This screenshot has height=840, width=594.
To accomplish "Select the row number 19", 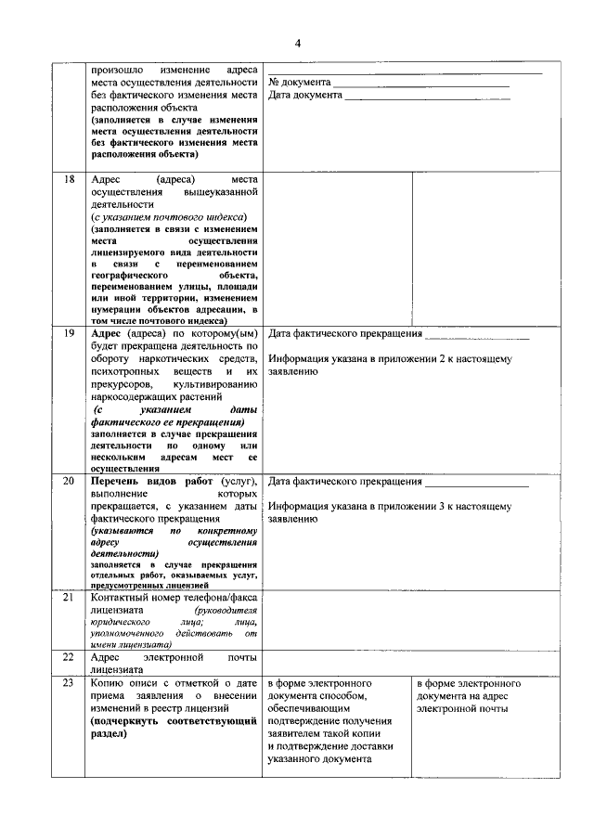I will pyautogui.click(x=69, y=332).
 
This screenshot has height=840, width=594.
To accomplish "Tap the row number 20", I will pyautogui.click(x=69, y=483).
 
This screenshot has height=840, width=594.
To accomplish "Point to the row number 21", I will pyautogui.click(x=69, y=597).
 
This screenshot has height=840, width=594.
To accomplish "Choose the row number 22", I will pyautogui.click(x=69, y=657).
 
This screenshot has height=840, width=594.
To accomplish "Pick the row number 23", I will pyautogui.click(x=69, y=683).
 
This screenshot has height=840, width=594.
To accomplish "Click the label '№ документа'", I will pyautogui.click(x=299, y=83).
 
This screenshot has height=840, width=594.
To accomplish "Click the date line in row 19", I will pyautogui.click(x=476, y=334).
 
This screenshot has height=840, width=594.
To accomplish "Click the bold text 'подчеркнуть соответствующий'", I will pyautogui.click(x=173, y=720).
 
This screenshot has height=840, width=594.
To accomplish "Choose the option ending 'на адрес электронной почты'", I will pyautogui.click(x=468, y=695).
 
